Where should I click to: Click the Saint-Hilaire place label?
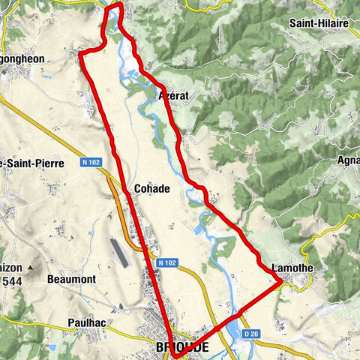click(319, 23)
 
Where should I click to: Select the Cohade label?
click(151, 188)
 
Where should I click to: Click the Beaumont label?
click(71, 279)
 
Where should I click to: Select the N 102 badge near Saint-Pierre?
click(91, 161)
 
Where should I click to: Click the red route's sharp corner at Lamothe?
click(280, 281)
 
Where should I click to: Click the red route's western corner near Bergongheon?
click(82, 53)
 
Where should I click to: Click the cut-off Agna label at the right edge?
click(348, 160)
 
